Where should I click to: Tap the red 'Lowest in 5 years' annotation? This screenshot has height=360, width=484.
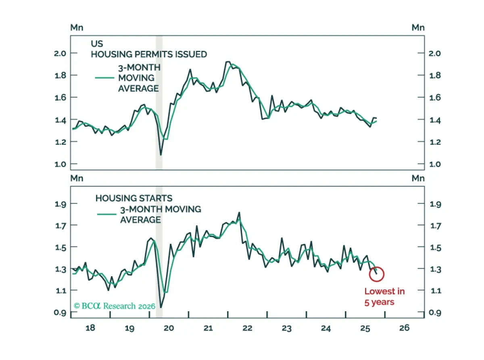pyautogui.click(x=384, y=297)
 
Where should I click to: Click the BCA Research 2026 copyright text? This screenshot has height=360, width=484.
pyautogui.click(x=114, y=306)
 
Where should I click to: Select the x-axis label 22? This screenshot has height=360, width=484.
pyautogui.click(x=247, y=328)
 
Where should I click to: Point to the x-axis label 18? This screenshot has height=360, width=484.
pyautogui.click(x=90, y=328)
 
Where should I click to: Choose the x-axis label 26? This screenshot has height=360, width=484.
pyautogui.click(x=405, y=328)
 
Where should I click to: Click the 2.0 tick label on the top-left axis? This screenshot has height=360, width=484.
pyautogui.click(x=60, y=54)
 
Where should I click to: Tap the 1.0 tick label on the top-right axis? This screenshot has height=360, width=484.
pyautogui.click(x=435, y=164)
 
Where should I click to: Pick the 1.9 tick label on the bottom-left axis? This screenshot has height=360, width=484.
pyautogui.click(x=60, y=204)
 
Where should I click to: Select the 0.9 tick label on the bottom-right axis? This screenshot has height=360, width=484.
pyautogui.click(x=435, y=312)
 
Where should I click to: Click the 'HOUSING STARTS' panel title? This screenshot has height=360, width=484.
pyautogui.click(x=134, y=198)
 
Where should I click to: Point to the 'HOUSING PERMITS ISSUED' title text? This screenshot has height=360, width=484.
pyautogui.click(x=149, y=54)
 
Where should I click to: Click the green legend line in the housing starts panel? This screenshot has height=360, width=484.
pyautogui.click(x=106, y=214)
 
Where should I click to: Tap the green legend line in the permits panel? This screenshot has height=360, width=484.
pyautogui.click(x=104, y=78)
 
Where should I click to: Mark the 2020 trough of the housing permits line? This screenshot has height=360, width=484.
pyautogui.click(x=161, y=155)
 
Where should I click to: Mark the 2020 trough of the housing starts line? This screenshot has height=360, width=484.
pyautogui.click(x=161, y=307)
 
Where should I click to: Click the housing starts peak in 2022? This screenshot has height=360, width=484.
pyautogui.click(x=239, y=212)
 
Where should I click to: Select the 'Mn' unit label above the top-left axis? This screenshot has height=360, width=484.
pyautogui.click(x=77, y=28)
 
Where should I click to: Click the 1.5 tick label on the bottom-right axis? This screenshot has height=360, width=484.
pyautogui.click(x=435, y=248)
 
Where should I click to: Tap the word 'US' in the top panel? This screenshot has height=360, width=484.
pyautogui.click(x=97, y=44)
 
